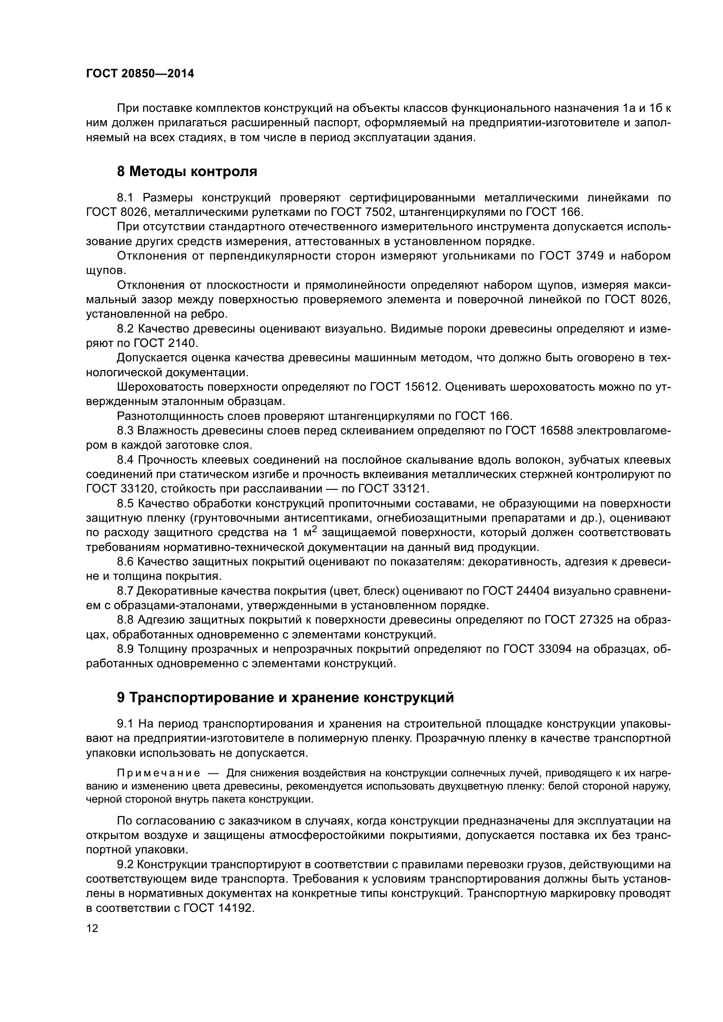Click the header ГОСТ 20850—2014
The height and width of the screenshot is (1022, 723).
pyautogui.click(x=140, y=74)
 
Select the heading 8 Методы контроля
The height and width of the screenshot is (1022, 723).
pyautogui.click(x=187, y=171)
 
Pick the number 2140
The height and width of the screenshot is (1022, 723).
pyautogui.click(x=181, y=343)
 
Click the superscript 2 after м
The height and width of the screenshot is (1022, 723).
pyautogui.click(x=314, y=529)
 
